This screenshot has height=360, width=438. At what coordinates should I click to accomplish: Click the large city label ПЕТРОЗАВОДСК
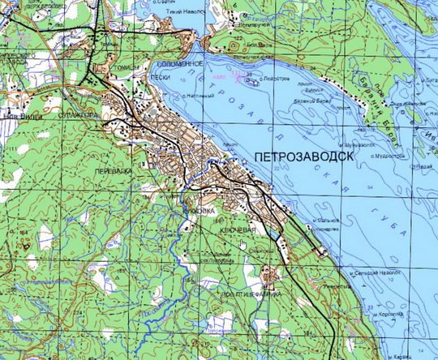click(x=303, y=156)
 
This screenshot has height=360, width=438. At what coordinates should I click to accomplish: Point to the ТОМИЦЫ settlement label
click(x=127, y=68)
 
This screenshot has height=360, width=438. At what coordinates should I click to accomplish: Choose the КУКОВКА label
click(x=199, y=211)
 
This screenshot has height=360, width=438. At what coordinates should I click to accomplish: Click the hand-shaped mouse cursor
click(x=241, y=243)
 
